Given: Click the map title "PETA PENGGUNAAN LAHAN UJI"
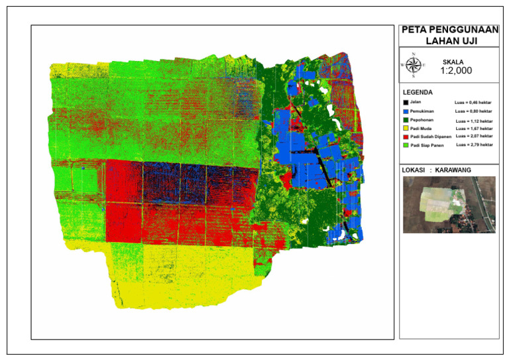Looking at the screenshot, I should [x=449, y=35].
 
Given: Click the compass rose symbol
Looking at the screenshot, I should [x=413, y=64].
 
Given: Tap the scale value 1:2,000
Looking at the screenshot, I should [x=456, y=70].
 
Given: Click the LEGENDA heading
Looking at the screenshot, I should [x=418, y=92].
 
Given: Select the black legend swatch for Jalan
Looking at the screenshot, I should [x=405, y=103].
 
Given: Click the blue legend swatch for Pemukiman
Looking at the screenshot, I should [x=405, y=112].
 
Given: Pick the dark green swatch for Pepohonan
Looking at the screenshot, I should [x=405, y=121].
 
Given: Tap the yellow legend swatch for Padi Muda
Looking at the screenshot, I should [x=405, y=129].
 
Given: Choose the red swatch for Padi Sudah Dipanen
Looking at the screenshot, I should [x=405, y=137].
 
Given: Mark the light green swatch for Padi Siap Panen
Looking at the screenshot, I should [x=405, y=145].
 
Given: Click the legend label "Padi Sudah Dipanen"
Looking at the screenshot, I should [x=429, y=137].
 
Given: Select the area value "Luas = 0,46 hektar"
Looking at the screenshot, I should [x=473, y=103].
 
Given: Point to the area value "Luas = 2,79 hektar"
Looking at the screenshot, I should [x=473, y=144].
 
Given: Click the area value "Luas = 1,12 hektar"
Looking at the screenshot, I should [x=473, y=121].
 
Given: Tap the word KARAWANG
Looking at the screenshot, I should [x=458, y=170].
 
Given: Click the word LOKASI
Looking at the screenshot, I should [x=414, y=170].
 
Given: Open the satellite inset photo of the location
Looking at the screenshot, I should [x=449, y=204].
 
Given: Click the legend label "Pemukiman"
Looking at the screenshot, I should [x=422, y=112].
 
